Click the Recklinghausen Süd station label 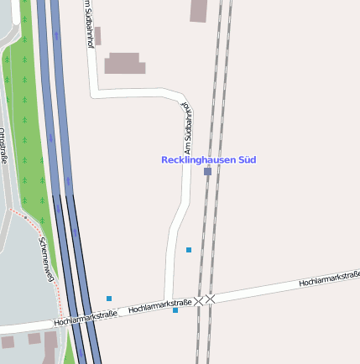tap(208, 159)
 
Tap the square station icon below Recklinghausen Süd tap(207, 171)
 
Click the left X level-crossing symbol tap(199, 299)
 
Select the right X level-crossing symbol tap(211, 299)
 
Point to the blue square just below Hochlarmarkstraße tap(175, 310)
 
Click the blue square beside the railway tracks tap(189, 250)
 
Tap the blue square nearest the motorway tap(109, 299)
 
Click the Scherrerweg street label tap(47, 257)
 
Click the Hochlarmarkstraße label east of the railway tap(329, 279)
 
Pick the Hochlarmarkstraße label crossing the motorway tap(86, 318)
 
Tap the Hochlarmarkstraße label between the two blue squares tap(159, 306)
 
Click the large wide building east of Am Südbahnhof tap(124, 63)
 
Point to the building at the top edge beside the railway tap(200, 10)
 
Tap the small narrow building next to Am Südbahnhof tap(97, 35)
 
